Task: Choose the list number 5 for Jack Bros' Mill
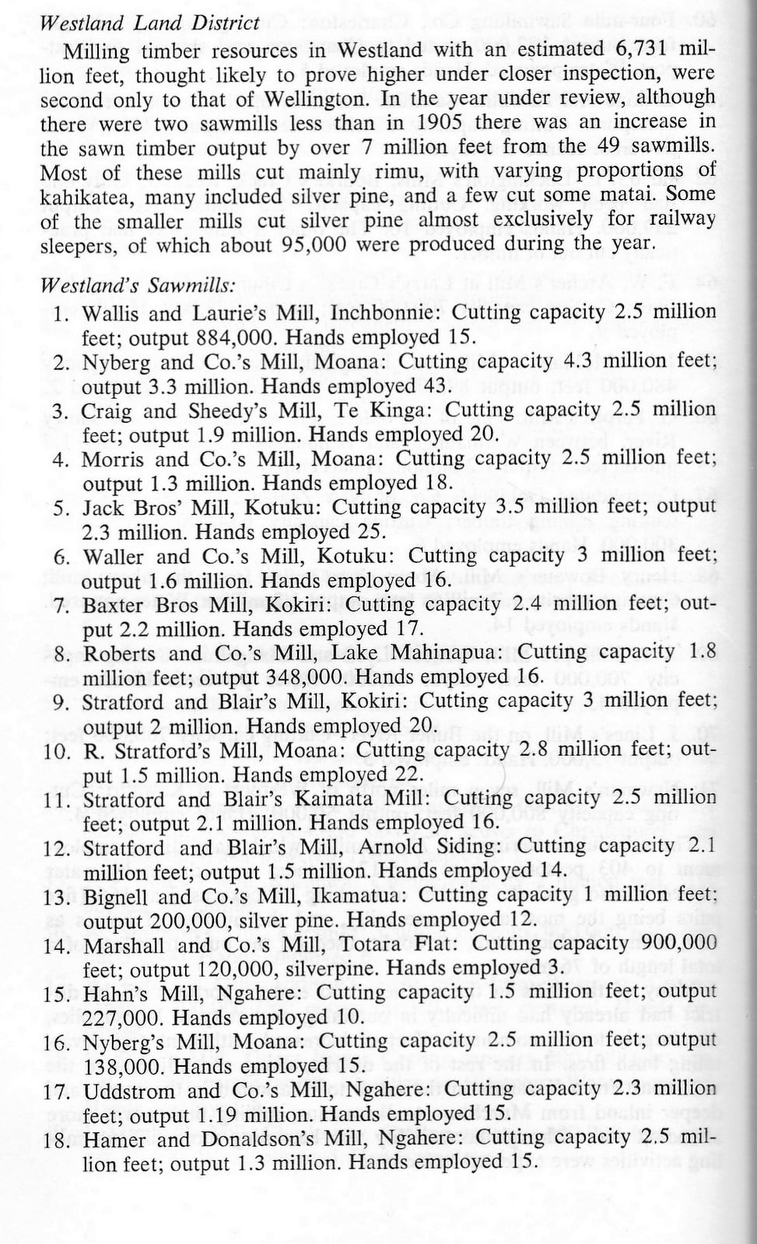(61, 508)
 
